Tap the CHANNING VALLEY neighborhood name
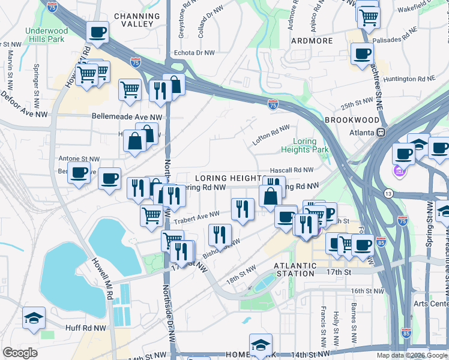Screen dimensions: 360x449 pos(137,20)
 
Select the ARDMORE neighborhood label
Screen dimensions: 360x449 pos(312,41)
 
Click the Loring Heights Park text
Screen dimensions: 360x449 pos(306,146)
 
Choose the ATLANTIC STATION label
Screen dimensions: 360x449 pos(294,269)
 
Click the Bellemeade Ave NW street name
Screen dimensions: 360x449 pos(127,117)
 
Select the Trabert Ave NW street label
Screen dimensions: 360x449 pos(197,215)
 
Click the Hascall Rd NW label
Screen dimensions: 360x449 pos(292,170)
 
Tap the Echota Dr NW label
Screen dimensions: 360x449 pos(194,53)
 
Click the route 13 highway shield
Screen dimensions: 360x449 pos(389,193)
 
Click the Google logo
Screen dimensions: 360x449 pos(20,353)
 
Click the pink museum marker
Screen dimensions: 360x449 pos(400,172)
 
